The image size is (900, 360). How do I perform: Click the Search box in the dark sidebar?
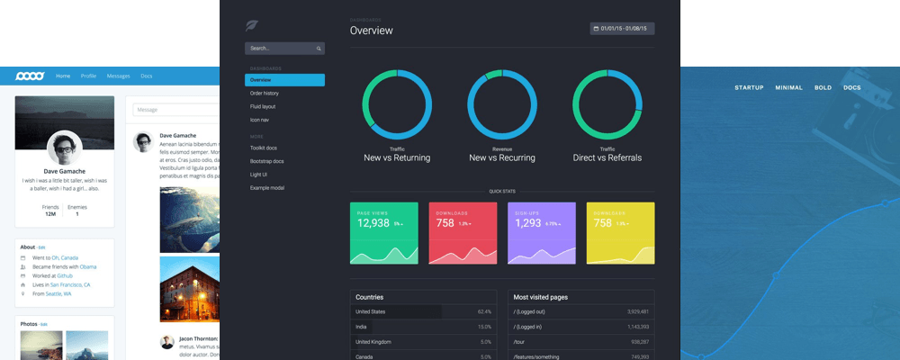(x=283, y=48)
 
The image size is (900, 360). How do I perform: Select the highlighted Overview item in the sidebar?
(x=284, y=80)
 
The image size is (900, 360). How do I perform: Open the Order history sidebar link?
(x=265, y=94)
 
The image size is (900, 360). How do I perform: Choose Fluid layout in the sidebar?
(x=263, y=106)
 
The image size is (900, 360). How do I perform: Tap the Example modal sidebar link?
(x=267, y=187)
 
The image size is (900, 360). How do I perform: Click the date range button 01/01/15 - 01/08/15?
(x=622, y=29)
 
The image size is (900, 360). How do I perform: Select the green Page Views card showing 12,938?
(x=383, y=233)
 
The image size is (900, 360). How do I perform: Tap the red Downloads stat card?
(x=463, y=233)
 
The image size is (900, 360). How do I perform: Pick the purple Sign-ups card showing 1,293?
(x=542, y=233)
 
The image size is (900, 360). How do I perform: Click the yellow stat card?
(x=620, y=233)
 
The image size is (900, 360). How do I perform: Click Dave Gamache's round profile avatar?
(x=64, y=147)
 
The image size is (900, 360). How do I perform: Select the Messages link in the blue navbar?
(x=118, y=76)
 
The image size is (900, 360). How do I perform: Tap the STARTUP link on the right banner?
(x=749, y=87)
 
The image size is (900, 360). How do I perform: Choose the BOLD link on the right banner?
(x=823, y=87)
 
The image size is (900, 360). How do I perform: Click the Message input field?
(x=176, y=110)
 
